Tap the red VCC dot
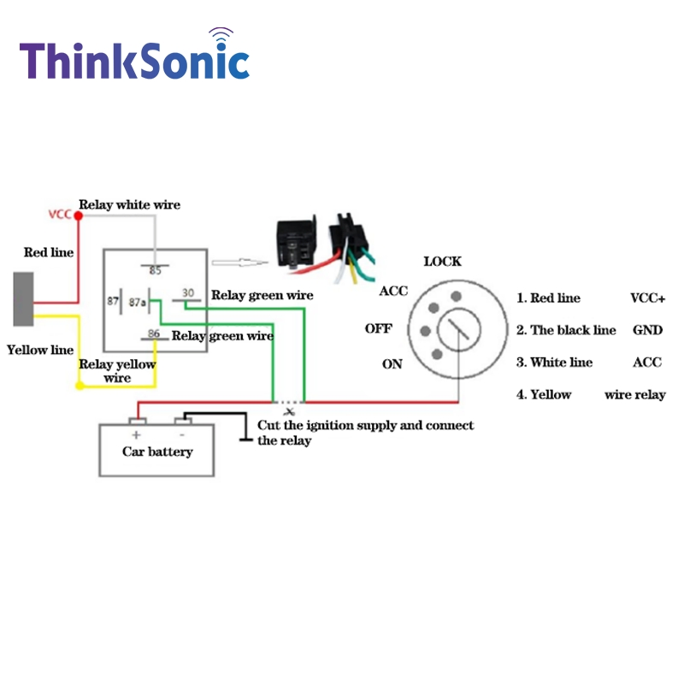(x=79, y=215)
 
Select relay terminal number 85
(x=156, y=270)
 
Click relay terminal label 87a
(x=137, y=302)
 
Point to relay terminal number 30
(x=188, y=292)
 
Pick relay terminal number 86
(x=154, y=333)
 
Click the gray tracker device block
(x=24, y=299)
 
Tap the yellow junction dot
(x=80, y=386)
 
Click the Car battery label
(x=157, y=451)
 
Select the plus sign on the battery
(x=137, y=435)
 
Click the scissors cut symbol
(x=289, y=411)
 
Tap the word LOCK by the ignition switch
(x=442, y=262)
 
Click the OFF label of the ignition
(x=379, y=328)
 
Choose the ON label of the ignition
(x=392, y=364)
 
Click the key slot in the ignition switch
(x=458, y=329)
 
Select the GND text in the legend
(x=648, y=330)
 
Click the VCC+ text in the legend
(x=648, y=298)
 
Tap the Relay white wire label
(x=130, y=204)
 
